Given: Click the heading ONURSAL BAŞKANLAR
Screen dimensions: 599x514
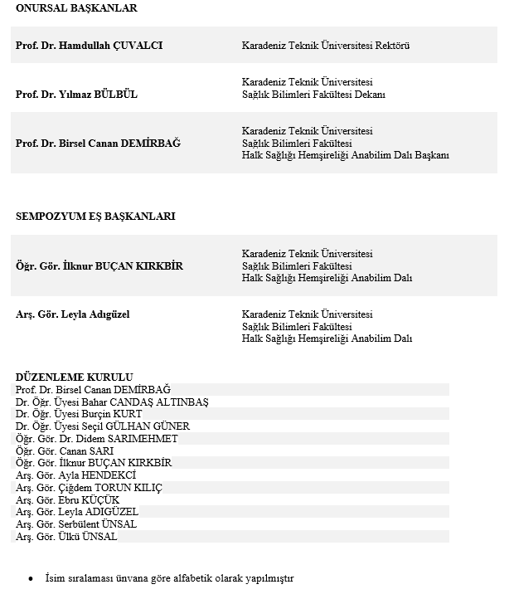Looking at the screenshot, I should click(x=76, y=8).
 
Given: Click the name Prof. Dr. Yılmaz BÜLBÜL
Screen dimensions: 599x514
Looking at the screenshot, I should click(x=76, y=95).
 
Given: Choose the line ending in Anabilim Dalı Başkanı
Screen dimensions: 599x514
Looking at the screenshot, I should click(x=345, y=156).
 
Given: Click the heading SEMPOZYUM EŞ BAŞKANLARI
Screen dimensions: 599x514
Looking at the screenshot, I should click(x=95, y=217).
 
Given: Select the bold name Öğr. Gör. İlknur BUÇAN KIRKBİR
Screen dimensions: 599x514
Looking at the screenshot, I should click(x=99, y=266).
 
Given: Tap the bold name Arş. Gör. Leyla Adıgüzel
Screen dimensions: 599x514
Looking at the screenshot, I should click(x=73, y=314).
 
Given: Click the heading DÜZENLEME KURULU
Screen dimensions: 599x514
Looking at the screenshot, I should click(x=74, y=377).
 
